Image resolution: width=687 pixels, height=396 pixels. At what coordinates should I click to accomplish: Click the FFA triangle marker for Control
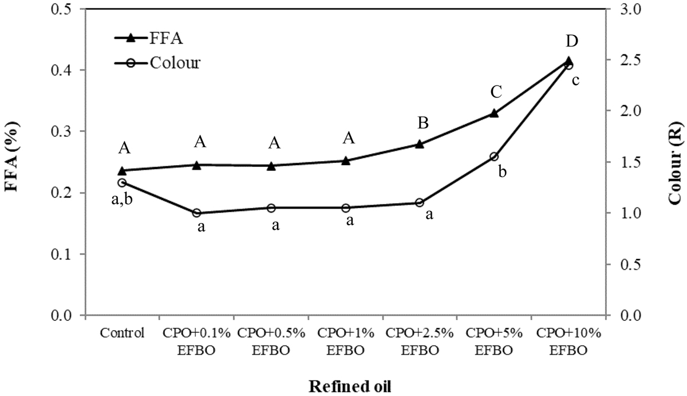coord(122,171)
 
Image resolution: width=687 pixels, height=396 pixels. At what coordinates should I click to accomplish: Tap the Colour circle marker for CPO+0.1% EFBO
coord(197,213)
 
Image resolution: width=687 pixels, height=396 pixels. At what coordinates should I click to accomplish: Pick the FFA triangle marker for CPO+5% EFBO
coord(494,113)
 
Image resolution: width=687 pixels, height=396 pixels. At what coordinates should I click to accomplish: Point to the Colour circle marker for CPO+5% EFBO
coord(494,156)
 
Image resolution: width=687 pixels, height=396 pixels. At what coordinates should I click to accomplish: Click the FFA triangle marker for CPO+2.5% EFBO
coord(420,144)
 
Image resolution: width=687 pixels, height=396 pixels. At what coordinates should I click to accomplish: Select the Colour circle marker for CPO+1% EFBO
coord(346,207)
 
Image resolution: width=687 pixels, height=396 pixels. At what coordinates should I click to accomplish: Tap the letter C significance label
coord(496,92)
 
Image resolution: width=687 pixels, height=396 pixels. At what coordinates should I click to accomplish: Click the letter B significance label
coord(423,122)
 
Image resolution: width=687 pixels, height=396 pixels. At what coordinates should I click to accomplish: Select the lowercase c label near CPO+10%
coord(575,80)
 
